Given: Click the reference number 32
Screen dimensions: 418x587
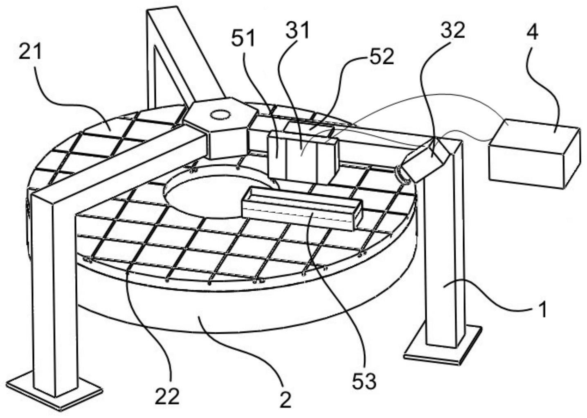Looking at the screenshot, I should coord(453,31).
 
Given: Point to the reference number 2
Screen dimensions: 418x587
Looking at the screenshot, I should coord(285,399).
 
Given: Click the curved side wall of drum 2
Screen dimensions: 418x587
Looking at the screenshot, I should coord(245,315).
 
